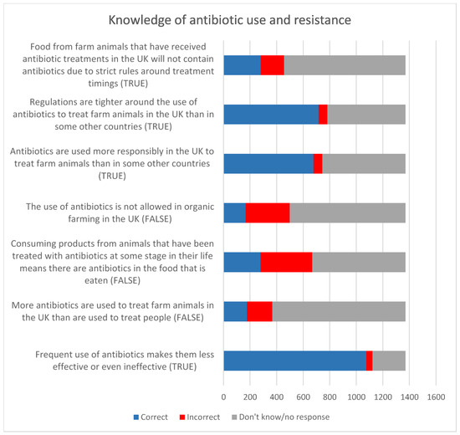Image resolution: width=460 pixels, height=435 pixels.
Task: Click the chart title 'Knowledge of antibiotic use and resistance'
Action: (229, 18)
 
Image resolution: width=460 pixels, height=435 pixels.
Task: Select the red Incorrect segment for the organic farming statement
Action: (268, 212)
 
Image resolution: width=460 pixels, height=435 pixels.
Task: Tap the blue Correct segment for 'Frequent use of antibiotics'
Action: (294, 361)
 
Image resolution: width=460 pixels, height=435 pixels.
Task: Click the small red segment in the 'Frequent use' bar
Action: (369, 361)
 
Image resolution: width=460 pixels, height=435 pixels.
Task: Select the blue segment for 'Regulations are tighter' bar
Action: (271, 114)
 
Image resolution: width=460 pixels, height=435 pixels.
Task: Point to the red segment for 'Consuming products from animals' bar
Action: (286, 262)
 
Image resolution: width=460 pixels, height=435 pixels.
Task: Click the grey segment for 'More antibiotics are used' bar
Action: (339, 311)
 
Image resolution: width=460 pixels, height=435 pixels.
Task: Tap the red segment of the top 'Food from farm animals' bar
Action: (272, 64)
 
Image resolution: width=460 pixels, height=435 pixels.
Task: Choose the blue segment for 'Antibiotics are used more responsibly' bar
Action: (268, 163)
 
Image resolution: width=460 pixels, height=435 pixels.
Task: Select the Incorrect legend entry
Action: (198, 417)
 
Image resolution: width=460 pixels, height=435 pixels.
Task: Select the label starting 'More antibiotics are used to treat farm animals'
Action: (113, 311)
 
